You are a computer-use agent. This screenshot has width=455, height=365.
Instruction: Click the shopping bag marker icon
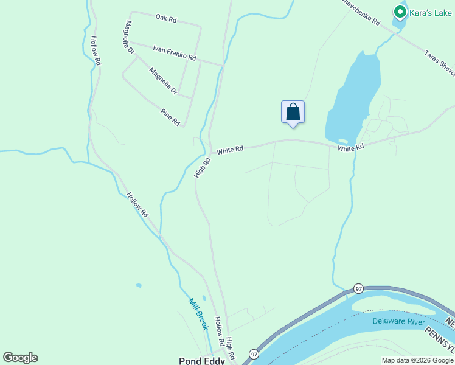coord(293,113)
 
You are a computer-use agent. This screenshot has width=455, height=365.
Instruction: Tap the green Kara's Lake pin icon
coord(400,12)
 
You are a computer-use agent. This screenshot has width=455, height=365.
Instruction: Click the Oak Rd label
coord(165,19)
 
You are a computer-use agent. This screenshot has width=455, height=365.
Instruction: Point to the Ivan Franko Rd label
coord(175,54)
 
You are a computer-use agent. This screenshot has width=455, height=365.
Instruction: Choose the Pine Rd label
coord(170,117)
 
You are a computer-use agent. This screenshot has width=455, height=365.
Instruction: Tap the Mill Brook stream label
coord(198,314)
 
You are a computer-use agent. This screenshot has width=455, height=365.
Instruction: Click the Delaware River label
coord(399,320)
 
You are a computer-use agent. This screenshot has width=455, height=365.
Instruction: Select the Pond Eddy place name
coord(202,361)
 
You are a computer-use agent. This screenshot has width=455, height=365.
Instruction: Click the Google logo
coord(20,358)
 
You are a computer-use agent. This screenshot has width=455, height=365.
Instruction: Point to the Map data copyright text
coord(418,360)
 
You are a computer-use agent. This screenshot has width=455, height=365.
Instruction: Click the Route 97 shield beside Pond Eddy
coord(253,354)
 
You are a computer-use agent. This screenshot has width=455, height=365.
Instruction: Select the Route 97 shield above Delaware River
coord(359,288)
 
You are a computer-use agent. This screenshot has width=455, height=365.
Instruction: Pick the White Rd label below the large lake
coord(350,148)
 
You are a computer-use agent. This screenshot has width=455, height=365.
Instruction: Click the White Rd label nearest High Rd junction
coord(230,149)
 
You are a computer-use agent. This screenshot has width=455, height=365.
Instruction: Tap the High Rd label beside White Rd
coord(202,167)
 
